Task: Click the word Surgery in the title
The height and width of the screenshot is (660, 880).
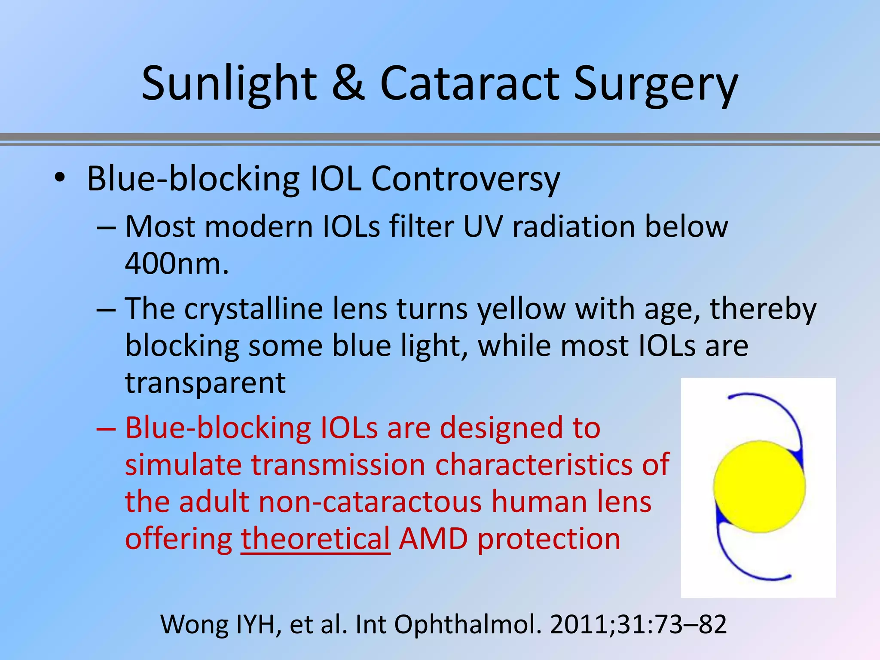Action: (x=655, y=85)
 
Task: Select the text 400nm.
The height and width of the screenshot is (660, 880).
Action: (x=177, y=263)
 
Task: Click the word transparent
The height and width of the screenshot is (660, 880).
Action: (x=205, y=383)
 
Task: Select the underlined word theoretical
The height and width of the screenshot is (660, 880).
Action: (x=315, y=539)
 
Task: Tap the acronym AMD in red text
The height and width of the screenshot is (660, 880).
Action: (x=433, y=539)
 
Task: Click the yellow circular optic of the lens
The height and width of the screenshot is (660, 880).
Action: (x=759, y=486)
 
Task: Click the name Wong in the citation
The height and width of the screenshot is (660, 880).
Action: (x=196, y=624)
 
